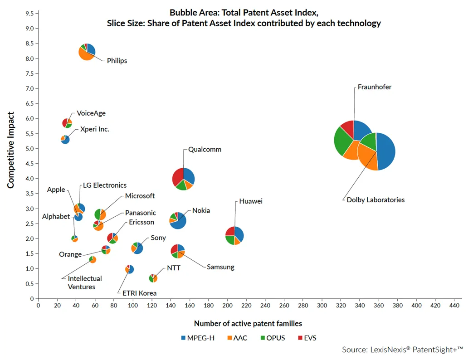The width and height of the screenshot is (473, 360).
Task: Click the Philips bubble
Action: point(87,52)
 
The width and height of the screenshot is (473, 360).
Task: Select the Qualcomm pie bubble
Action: point(183,179)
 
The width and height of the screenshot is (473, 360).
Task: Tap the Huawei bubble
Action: point(234,235)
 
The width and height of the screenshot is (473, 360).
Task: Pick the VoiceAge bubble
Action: point(67,123)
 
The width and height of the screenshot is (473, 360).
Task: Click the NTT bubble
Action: point(153,278)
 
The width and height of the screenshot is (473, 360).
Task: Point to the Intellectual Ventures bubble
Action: point(93,259)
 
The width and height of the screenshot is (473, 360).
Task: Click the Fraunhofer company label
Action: point(374,87)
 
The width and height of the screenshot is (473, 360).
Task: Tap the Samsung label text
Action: point(220,267)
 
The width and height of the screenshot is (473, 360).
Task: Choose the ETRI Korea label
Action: point(139,293)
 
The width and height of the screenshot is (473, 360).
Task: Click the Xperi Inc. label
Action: point(94,129)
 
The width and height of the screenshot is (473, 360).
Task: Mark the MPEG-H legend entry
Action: point(198,338)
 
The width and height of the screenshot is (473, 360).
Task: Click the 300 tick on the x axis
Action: point(322,306)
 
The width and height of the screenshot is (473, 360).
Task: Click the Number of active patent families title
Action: point(248,323)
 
